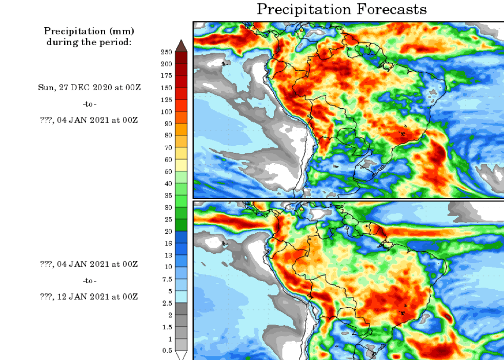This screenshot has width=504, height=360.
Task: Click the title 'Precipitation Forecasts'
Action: pyautogui.click(x=341, y=9)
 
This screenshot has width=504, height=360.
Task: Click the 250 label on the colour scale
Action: pyautogui.click(x=166, y=52)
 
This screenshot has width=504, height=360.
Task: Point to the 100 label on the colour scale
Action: pyautogui.click(x=166, y=112)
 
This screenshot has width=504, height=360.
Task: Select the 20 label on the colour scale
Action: pyautogui.click(x=167, y=231)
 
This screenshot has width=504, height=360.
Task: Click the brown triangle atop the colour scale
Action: pyautogui.click(x=181, y=46)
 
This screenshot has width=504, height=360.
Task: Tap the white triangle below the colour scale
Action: pyautogui.click(x=181, y=354)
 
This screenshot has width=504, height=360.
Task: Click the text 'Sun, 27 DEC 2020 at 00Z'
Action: pyautogui.click(x=89, y=88)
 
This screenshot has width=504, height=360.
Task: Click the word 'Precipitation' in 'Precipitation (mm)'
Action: pyautogui.click(x=70, y=32)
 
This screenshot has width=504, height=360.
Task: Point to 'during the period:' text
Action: pyautogui.click(x=89, y=42)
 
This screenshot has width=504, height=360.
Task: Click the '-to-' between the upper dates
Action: pyautogui.click(x=89, y=104)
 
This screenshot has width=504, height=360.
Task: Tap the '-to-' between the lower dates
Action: pyautogui.click(x=89, y=281)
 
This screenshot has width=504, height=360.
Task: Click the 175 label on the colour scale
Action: pyautogui.click(x=166, y=76)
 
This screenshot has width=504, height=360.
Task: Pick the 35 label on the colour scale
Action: pyautogui.click(x=167, y=195)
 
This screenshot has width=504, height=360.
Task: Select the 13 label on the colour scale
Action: pyautogui.click(x=167, y=255)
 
